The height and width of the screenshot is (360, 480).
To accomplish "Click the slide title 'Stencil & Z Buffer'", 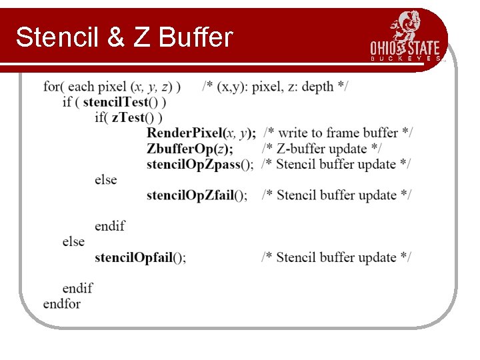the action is pyautogui.click(x=124, y=37).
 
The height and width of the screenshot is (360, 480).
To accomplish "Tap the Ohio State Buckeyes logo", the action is pyautogui.click(x=405, y=37).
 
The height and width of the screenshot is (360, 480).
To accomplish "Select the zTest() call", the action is pyautogui.click(x=137, y=117).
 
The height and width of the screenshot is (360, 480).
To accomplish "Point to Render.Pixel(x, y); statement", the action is pyautogui.click(x=201, y=133).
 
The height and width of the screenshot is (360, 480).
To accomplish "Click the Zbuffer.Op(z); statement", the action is pyautogui.click(x=190, y=148).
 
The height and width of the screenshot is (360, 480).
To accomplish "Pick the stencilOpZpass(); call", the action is pyautogui.click(x=200, y=164).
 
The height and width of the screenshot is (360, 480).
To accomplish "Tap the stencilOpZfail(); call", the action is pyautogui.click(x=197, y=195).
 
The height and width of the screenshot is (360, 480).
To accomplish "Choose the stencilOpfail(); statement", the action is pyautogui.click(x=140, y=257).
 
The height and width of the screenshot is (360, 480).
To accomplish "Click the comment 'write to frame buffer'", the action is pyautogui.click(x=338, y=133).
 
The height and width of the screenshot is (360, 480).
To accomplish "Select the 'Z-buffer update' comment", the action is pyautogui.click(x=323, y=148).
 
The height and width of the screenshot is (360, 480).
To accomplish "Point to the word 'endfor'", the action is pyautogui.click(x=62, y=304).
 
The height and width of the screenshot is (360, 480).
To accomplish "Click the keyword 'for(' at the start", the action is pyautogui.click(x=54, y=87).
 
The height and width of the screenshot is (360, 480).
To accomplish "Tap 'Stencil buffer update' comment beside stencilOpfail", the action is pyautogui.click(x=337, y=257).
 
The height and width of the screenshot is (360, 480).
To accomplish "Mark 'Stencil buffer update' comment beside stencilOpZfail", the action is pyautogui.click(x=337, y=195).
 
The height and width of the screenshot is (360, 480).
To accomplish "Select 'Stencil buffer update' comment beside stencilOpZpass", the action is pyautogui.click(x=337, y=164).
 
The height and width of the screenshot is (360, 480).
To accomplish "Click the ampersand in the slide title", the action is pyautogui.click(x=115, y=37).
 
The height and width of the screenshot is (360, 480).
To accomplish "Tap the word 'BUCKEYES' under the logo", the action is pyautogui.click(x=405, y=59).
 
